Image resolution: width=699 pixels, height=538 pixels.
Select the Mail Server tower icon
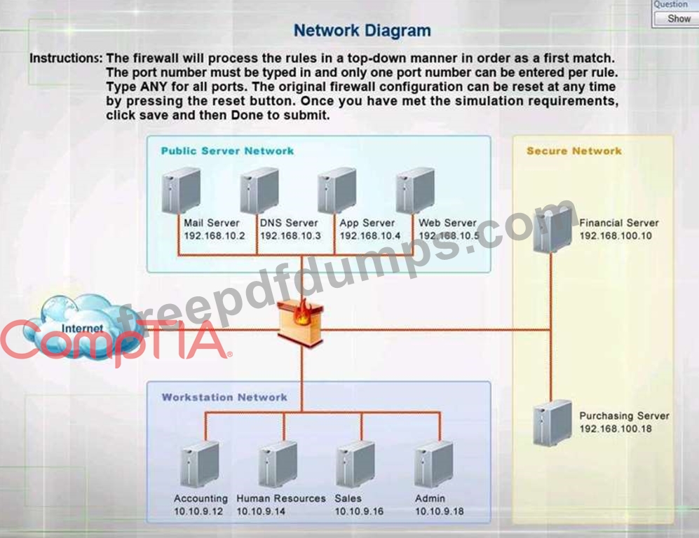click(x=181, y=190)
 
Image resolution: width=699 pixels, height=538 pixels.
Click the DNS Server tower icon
click(x=259, y=190)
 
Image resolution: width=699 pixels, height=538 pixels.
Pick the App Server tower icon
click(x=337, y=190)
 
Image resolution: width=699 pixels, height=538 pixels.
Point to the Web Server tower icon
click(x=414, y=190)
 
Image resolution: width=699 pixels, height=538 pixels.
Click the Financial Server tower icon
click(x=552, y=229)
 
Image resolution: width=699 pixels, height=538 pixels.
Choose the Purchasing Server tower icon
click(x=552, y=422)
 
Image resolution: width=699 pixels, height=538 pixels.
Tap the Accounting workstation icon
click(x=199, y=463)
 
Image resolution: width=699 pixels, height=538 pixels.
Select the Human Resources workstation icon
click(x=278, y=463)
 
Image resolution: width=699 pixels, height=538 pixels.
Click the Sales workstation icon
click(x=355, y=463)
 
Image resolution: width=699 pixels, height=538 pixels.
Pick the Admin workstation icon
click(x=433, y=463)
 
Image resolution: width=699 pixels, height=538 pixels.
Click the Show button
click(x=678, y=19)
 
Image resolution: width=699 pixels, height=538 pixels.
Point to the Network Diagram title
click(x=362, y=31)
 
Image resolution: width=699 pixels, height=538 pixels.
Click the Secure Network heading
click(x=574, y=151)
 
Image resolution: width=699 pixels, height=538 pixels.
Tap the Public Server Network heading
click(x=227, y=151)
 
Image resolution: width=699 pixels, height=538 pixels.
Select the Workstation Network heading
click(x=224, y=397)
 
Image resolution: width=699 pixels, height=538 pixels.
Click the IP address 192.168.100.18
click(x=615, y=429)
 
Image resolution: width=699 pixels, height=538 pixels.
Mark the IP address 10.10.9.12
click(x=198, y=511)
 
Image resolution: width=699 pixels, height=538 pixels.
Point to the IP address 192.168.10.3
click(x=290, y=236)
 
